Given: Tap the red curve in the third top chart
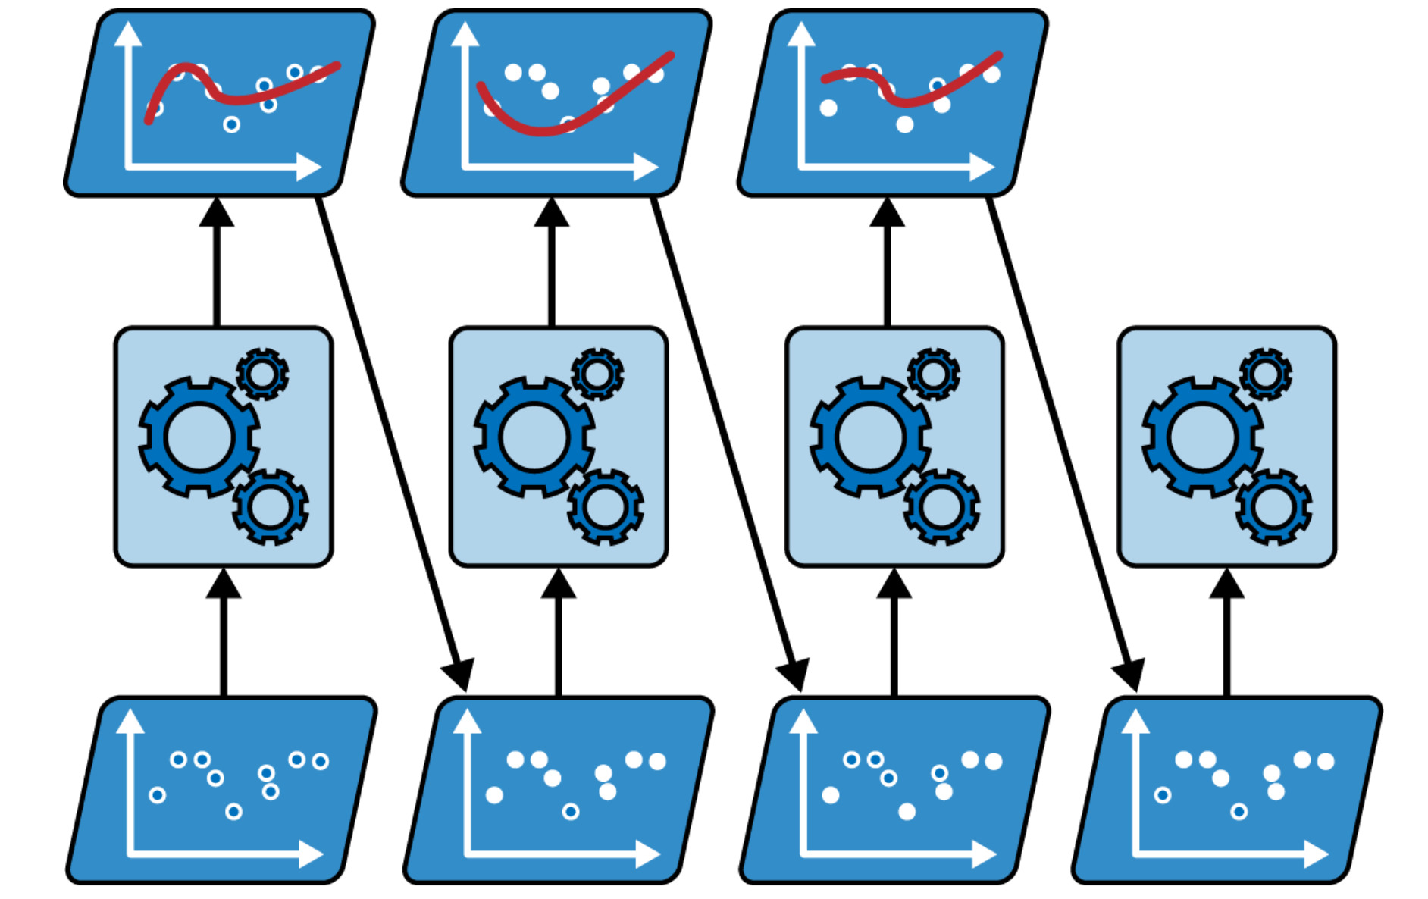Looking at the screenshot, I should pyautogui.click(x=910, y=101).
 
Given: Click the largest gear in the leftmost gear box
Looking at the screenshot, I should pyautogui.click(x=199, y=437).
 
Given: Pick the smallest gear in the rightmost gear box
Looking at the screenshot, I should pyautogui.click(x=1265, y=374).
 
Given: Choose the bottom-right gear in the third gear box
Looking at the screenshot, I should pyautogui.click(x=941, y=506).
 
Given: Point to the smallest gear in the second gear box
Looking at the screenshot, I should pyautogui.click(x=597, y=374).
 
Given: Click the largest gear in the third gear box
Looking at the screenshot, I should pyautogui.click(x=870, y=437).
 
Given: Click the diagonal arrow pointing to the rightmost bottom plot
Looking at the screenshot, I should pyautogui.click(x=1061, y=440).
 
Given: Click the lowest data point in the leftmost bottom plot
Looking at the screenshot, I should pyautogui.click(x=233, y=812).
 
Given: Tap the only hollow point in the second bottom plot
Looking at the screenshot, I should pyautogui.click(x=571, y=812).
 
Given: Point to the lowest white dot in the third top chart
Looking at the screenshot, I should pyautogui.click(x=904, y=124).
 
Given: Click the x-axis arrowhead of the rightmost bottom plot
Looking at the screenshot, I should pyautogui.click(x=1317, y=854).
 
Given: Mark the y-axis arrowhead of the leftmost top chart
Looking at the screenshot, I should pyautogui.click(x=128, y=34).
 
